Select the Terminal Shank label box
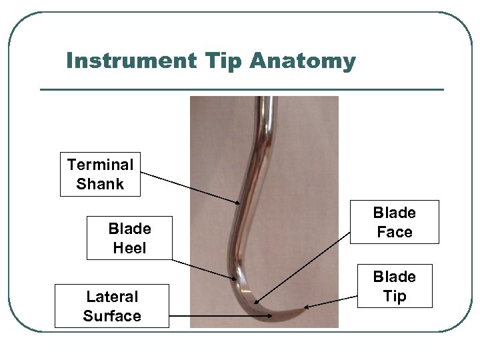(100, 174)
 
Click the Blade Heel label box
(129, 238)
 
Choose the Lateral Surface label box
(112, 306)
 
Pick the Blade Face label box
(395, 222)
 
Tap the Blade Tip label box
(395, 286)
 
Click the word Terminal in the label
(100, 164)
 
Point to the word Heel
(129, 249)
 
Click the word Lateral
(112, 297)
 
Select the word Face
(395, 233)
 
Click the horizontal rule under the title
(241, 89)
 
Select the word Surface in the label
(112, 316)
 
